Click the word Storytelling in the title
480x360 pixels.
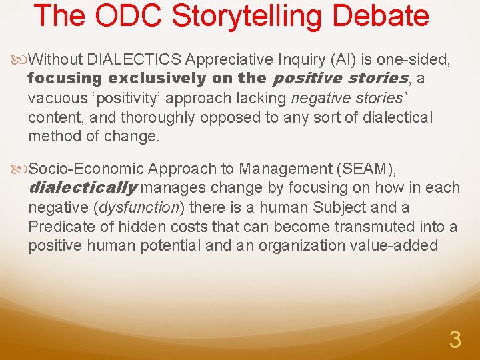coord(246,15)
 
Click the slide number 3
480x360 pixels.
coord(455,340)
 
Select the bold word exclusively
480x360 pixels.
coord(157,78)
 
